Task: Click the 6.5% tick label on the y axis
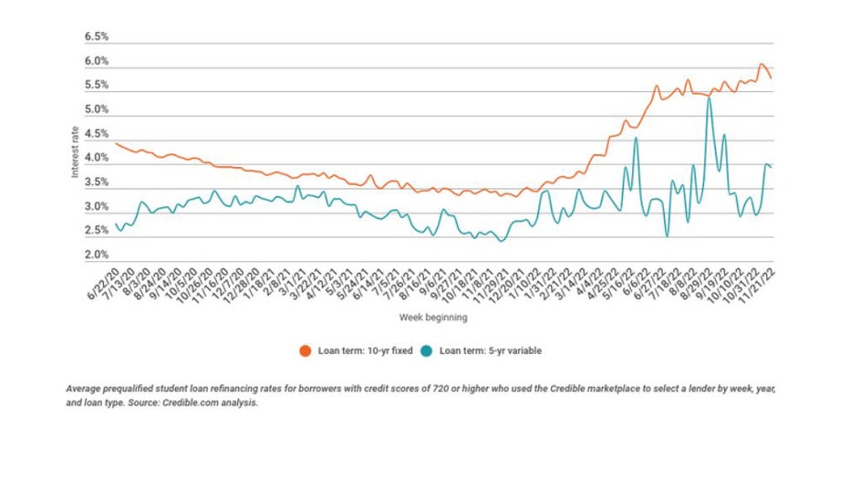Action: tap(97, 37)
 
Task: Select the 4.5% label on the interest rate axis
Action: tap(97, 134)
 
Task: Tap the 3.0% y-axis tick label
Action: tap(97, 207)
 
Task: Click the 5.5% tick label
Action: tap(97, 86)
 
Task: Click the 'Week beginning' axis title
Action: tap(433, 317)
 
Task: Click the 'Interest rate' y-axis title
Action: tap(77, 151)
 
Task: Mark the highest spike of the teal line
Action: tap(709, 98)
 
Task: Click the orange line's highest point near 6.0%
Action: tap(762, 65)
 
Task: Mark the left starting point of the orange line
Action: tap(115, 143)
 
